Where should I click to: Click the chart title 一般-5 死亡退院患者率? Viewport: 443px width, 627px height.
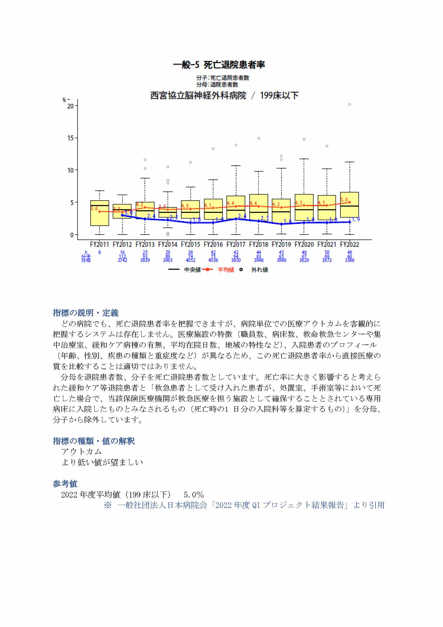pyautogui.click(x=219, y=65)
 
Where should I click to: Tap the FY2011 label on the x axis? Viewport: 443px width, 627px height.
pyautogui.click(x=100, y=244)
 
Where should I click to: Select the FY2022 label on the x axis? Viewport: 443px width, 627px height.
pyautogui.click(x=350, y=244)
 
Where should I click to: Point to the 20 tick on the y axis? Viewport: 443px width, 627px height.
pyautogui.click(x=70, y=106)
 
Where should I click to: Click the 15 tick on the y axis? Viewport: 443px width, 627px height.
pyautogui.click(x=71, y=138)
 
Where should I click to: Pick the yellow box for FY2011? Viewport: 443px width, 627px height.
pyautogui.click(x=100, y=213)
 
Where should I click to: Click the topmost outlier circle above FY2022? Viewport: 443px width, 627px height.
pyautogui.click(x=350, y=104)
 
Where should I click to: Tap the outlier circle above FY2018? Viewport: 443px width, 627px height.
pyautogui.click(x=259, y=138)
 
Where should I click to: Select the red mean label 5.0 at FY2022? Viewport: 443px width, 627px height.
pyautogui.click(x=344, y=200)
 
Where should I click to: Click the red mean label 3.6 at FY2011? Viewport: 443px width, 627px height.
pyautogui.click(x=94, y=209)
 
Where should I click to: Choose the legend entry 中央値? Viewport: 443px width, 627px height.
pyautogui.click(x=192, y=270)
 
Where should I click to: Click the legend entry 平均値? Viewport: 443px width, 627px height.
pyautogui.click(x=226, y=270)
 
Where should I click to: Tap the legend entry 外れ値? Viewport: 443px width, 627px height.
pyautogui.click(x=260, y=270)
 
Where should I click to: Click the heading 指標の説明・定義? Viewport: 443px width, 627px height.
pyautogui.click(x=85, y=313)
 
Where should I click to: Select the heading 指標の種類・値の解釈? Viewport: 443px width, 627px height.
pyautogui.click(x=93, y=441)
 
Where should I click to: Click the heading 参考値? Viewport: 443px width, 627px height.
pyautogui.click(x=65, y=484)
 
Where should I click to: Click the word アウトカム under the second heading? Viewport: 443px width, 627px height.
pyautogui.click(x=81, y=452)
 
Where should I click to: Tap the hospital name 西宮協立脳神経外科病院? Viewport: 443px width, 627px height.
pyautogui.click(x=198, y=96)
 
